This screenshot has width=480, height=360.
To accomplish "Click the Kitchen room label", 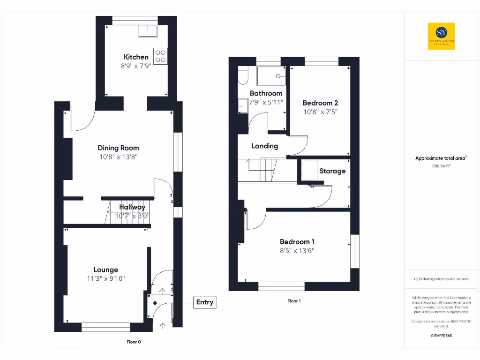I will pyautogui.click(x=136, y=57).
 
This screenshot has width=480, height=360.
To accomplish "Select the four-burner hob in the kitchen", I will pyautogui.click(x=160, y=56).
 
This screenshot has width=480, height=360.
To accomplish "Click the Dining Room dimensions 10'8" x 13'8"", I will pyautogui.click(x=118, y=157).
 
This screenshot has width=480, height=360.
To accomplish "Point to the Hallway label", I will pyautogui.click(x=132, y=207).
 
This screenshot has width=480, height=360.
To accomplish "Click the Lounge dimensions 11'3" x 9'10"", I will pyautogui.click(x=106, y=279).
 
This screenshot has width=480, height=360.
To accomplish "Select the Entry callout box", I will pyautogui.click(x=204, y=302).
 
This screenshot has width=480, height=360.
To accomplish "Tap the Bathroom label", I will pyautogui.click(x=266, y=93).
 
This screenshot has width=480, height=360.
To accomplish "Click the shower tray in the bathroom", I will pyautogui.click(x=271, y=76).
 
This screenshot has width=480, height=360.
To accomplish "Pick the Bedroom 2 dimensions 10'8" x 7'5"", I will pyautogui.click(x=320, y=112).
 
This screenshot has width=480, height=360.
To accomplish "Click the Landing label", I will pyautogui.click(x=265, y=146).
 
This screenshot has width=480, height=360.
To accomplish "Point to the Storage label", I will pyautogui.click(x=332, y=171).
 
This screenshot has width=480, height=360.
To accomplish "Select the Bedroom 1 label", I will pyautogui.click(x=297, y=242).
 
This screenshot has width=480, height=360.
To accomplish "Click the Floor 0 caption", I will pyautogui.click(x=134, y=342).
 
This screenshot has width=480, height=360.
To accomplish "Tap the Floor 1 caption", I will pyautogui.click(x=294, y=301).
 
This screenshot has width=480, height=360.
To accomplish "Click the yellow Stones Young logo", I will pyautogui.click(x=441, y=36).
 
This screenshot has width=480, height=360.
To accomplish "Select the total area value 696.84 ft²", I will pyautogui.click(x=441, y=166).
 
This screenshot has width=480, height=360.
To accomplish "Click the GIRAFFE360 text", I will pyautogui.click(x=441, y=336).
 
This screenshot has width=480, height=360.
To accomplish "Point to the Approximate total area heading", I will pyautogui.click(x=441, y=158).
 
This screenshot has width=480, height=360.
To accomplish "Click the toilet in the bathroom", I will pyautogui.click(x=242, y=76).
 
